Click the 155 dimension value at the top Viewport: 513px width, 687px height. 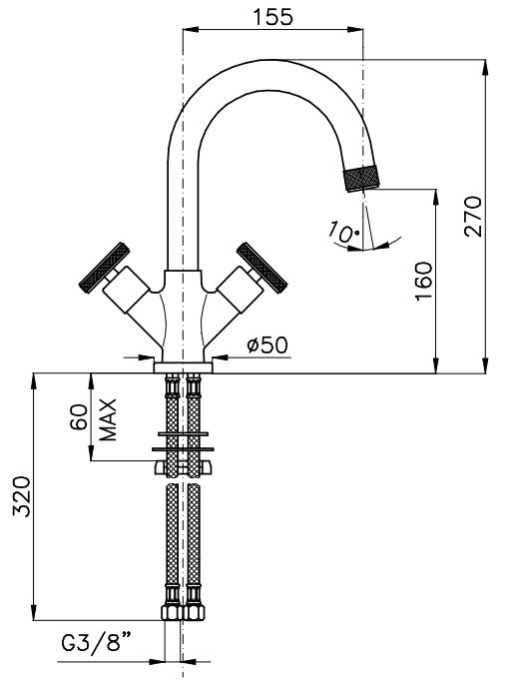pyautogui.click(x=272, y=17)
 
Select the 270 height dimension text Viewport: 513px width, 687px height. pyautogui.click(x=473, y=217)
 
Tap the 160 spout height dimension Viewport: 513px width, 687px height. pyautogui.click(x=423, y=282)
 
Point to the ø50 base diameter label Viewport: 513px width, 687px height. pyautogui.click(x=267, y=344)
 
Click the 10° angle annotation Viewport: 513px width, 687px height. pyautogui.click(x=344, y=232)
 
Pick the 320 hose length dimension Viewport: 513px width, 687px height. pyautogui.click(x=22, y=496)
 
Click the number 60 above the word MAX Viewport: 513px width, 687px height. pyautogui.click(x=79, y=417)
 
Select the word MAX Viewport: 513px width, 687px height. pyautogui.click(x=108, y=419)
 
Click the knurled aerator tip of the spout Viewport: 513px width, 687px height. pyautogui.click(x=362, y=178)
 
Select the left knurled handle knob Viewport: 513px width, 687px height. pyautogui.click(x=104, y=268)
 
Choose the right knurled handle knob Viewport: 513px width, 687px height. pyautogui.click(x=261, y=268)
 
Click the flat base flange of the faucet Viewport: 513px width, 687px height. pyautogui.click(x=183, y=367)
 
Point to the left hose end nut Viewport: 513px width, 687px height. pyautogui.click(x=172, y=612)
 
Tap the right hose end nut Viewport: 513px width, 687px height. pyautogui.click(x=194, y=612)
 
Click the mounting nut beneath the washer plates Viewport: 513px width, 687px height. pyautogui.click(x=183, y=467)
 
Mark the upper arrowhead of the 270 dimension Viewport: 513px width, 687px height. pyautogui.click(x=486, y=67)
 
